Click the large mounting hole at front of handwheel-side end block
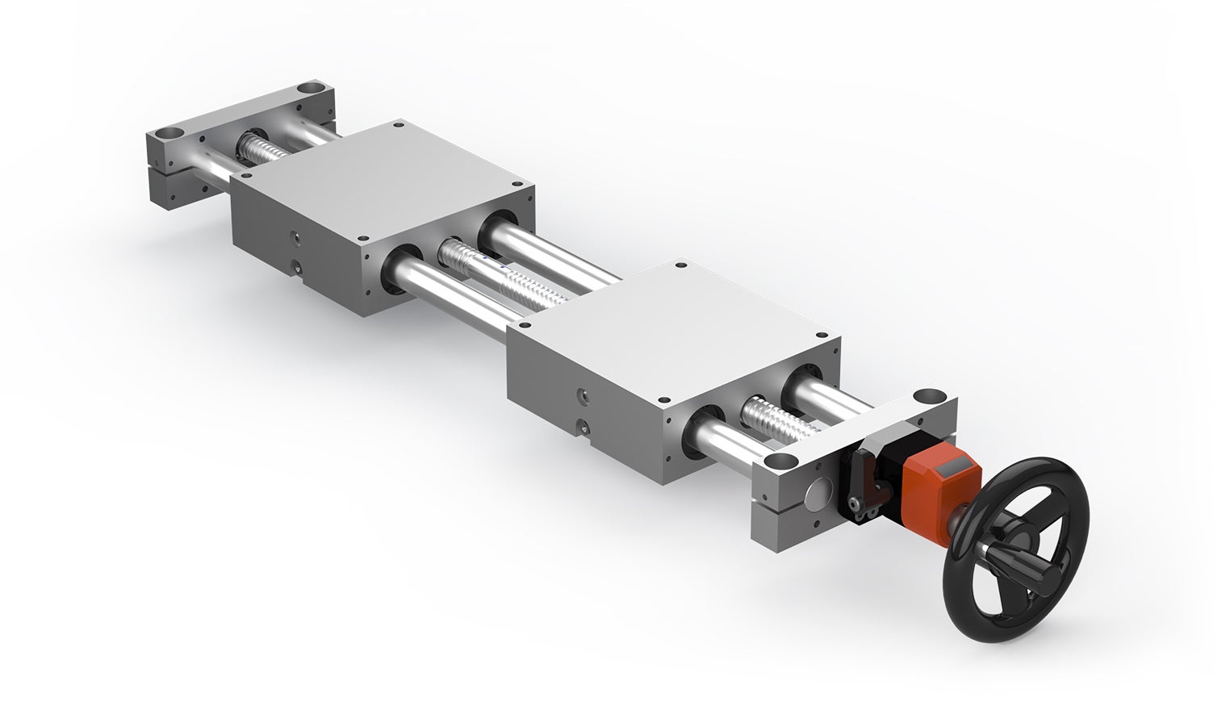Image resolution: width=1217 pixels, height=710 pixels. pyautogui.click(x=779, y=462)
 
